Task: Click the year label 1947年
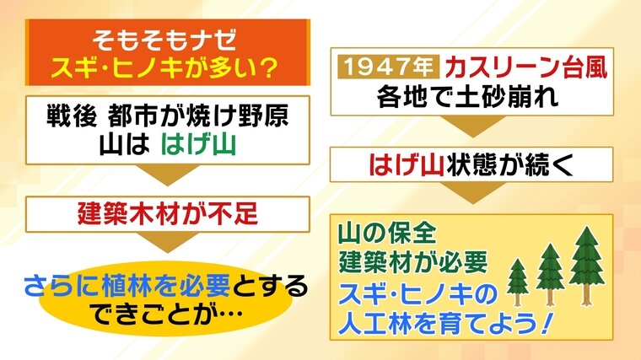point(388,67)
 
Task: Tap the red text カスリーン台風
point(526,67)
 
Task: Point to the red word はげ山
point(407,164)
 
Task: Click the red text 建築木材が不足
point(168,213)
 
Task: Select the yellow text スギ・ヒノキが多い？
point(164,67)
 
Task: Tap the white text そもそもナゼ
point(164,40)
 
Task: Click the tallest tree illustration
point(587,266)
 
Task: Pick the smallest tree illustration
point(518,282)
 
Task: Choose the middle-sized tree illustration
point(550,274)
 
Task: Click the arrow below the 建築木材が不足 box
point(167,242)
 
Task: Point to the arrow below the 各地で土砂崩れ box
point(472,126)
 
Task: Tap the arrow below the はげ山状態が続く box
point(472,193)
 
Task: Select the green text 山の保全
point(387,234)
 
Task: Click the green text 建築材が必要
point(413,261)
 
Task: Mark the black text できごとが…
point(167,314)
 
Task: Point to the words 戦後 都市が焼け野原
point(168,116)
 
